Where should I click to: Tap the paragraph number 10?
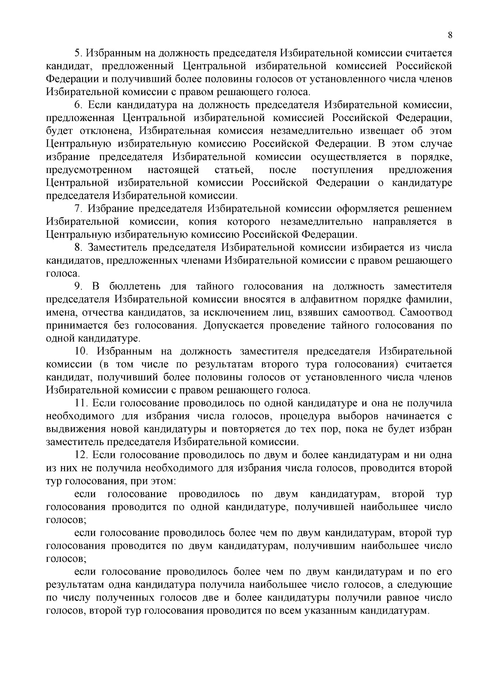81,351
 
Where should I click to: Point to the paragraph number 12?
81,455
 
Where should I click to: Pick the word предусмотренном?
89,170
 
